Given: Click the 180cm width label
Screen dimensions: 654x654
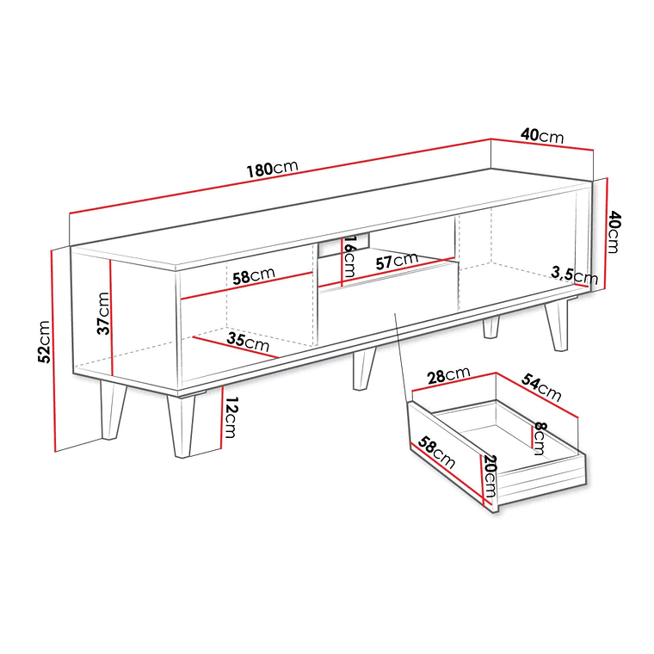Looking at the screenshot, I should coord(272,168).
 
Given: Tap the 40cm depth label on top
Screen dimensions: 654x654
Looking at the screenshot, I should coord(541,135).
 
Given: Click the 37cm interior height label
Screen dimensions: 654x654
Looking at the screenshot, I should coord(102,313).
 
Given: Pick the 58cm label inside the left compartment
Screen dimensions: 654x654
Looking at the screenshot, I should coord(253,277).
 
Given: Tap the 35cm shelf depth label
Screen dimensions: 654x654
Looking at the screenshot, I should coord(246,340).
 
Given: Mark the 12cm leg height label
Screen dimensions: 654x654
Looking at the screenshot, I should coord(228,418).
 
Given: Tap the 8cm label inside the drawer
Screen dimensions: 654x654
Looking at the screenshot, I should coord(539,439).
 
